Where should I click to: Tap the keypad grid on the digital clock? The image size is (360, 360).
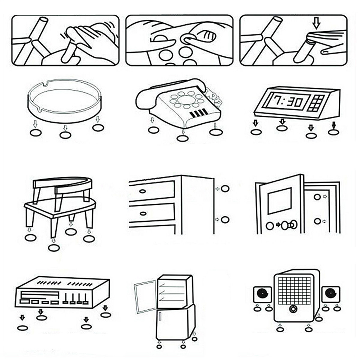(317, 103)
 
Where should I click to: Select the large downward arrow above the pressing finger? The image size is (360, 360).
(317, 23)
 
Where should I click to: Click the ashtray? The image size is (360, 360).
(65, 100)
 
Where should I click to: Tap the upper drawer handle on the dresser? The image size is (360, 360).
(143, 191)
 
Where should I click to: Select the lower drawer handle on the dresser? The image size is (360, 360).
(143, 214)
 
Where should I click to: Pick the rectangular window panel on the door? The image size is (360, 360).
(280, 201)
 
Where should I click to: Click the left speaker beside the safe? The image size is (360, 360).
(262, 294)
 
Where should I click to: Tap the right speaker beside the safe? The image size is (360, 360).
(331, 294)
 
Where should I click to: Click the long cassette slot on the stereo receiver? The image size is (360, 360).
(40, 295)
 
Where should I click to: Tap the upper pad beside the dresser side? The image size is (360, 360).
(225, 189)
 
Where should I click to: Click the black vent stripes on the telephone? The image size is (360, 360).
(199, 113)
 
